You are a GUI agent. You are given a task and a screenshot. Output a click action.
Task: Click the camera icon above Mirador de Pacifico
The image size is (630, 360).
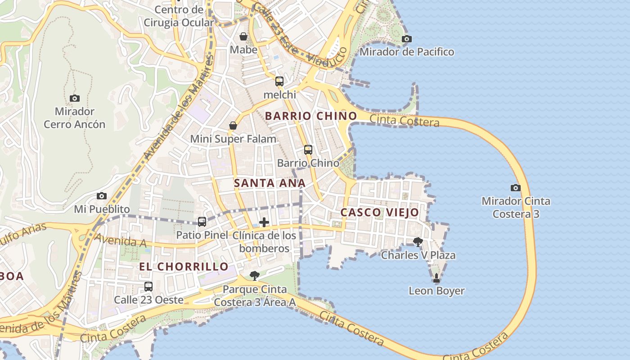pyautogui.click(x=406, y=39)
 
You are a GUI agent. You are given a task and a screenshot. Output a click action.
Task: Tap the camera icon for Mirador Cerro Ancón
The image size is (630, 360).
pyautogui.click(x=75, y=98)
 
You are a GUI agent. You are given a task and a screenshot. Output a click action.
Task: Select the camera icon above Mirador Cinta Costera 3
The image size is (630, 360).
pyautogui.click(x=516, y=188)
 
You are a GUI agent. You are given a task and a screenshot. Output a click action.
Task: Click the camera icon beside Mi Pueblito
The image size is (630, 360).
pyautogui.click(x=102, y=196)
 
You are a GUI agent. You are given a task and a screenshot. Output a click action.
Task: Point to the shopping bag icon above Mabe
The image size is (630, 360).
pyautogui.click(x=243, y=36)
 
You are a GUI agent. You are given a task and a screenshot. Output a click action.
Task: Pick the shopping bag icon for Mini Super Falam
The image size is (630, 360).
pyautogui.click(x=233, y=126)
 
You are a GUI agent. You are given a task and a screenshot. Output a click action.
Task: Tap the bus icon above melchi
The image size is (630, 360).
pyautogui.click(x=279, y=81)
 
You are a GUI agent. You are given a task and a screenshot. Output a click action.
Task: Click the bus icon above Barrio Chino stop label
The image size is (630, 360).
pyautogui.click(x=308, y=150)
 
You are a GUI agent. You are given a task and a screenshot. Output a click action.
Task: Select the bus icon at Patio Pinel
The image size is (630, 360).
pyautogui.click(x=202, y=221)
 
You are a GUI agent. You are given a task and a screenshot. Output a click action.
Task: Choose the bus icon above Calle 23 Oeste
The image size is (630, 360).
pyautogui.click(x=148, y=286)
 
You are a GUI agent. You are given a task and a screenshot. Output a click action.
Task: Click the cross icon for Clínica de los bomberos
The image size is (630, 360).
pyautogui.click(x=264, y=222)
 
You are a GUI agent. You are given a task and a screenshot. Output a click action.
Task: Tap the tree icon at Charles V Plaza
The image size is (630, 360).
pyautogui.click(x=418, y=242)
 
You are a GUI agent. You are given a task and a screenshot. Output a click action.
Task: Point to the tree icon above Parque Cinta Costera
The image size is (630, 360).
pyautogui.click(x=255, y=275)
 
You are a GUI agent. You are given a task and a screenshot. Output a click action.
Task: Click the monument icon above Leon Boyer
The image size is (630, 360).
pyautogui.click(x=436, y=278)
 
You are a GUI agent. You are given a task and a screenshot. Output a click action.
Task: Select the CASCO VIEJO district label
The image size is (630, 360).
pyautogui.click(x=379, y=212)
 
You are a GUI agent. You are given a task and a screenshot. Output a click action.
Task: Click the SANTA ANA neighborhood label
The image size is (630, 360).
pyautogui.click(x=270, y=183)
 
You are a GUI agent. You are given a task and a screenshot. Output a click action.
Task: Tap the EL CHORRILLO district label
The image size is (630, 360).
pyautogui.click(x=184, y=266)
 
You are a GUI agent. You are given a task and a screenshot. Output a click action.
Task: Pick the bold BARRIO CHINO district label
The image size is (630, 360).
pyautogui.click(x=310, y=116)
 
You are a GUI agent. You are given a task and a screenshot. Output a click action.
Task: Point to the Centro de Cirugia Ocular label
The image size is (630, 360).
pyautogui.click(x=179, y=16)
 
